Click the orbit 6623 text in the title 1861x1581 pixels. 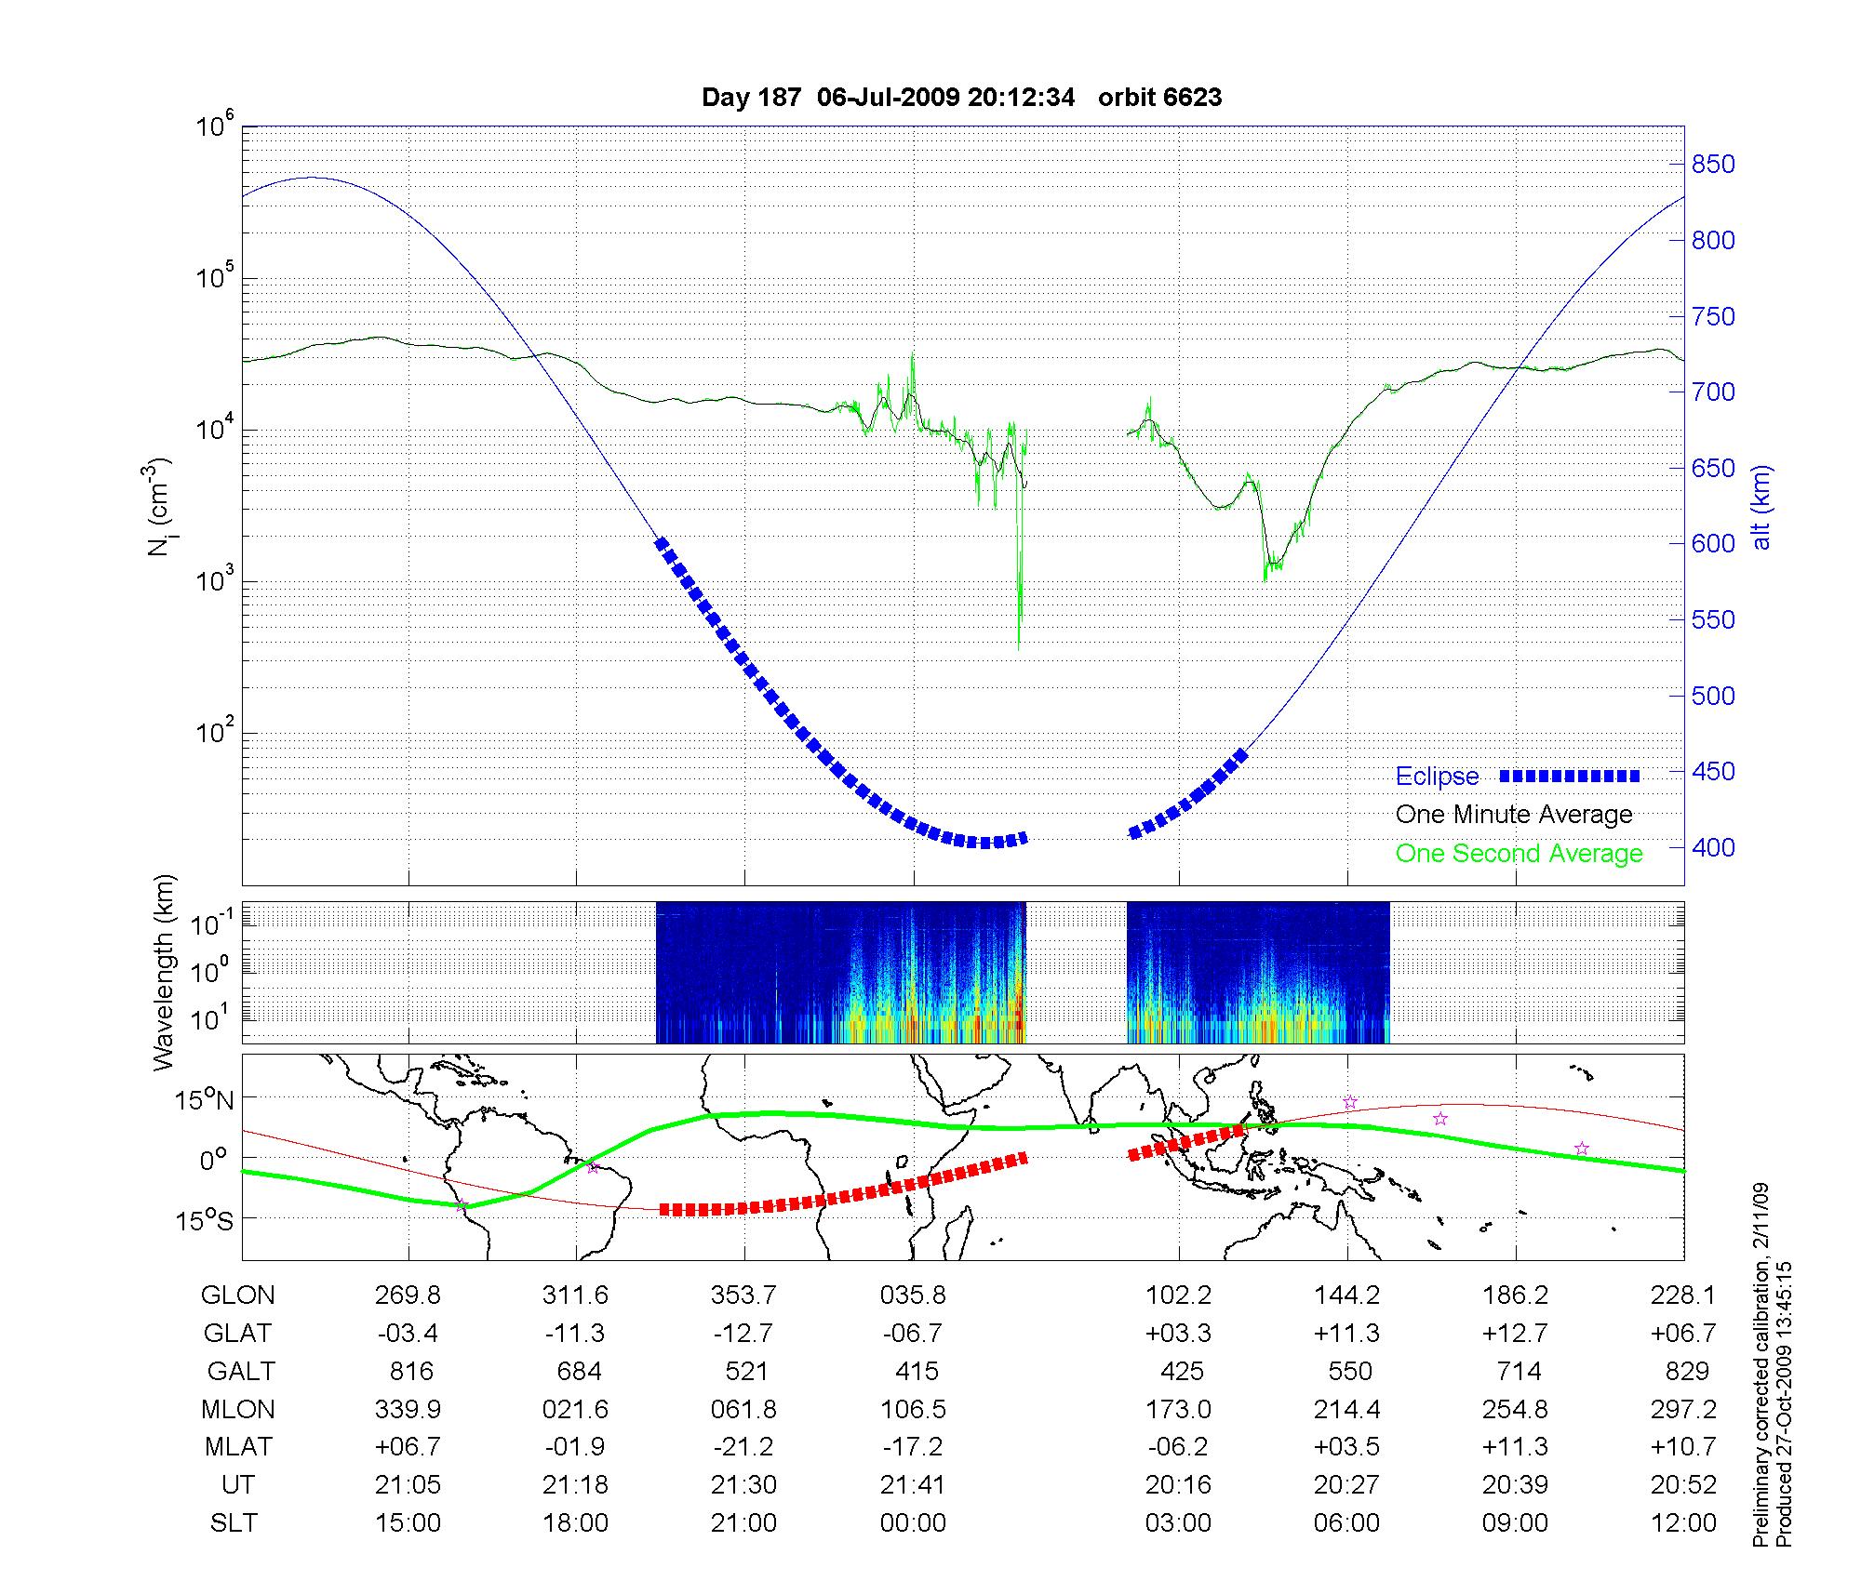tap(1159, 98)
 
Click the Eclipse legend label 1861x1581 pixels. tap(1437, 777)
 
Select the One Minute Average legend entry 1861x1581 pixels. tap(1514, 815)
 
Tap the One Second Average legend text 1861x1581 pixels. tap(1519, 854)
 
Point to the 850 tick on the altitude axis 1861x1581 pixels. tap(1713, 165)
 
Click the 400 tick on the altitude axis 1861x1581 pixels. tap(1713, 847)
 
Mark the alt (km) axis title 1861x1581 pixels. tap(1762, 507)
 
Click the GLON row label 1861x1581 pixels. tap(238, 1295)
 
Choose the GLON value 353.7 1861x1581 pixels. tap(743, 1295)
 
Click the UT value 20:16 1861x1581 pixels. tap(1178, 1485)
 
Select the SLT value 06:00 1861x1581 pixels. tap(1346, 1523)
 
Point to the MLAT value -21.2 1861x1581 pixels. tap(743, 1447)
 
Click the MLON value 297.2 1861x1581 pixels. tap(1683, 1410)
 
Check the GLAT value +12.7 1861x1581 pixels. tap(1515, 1334)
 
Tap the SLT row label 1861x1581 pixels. tap(234, 1523)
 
